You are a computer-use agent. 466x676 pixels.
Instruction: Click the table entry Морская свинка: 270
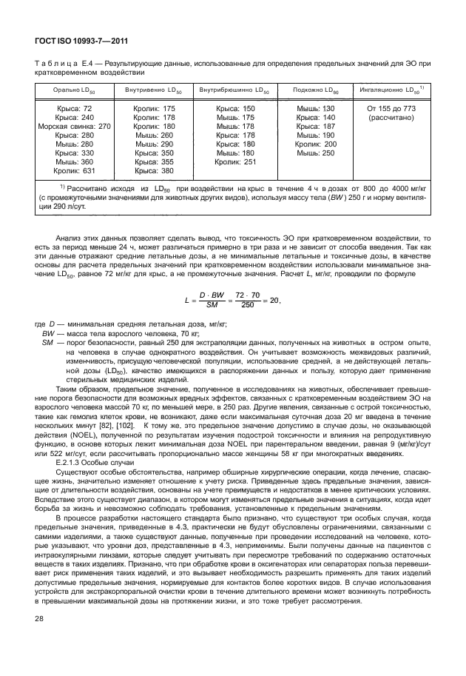(73, 127)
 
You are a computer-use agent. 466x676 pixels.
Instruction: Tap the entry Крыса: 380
(155, 170)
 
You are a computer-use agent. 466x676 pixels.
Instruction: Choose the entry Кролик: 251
(234, 161)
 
